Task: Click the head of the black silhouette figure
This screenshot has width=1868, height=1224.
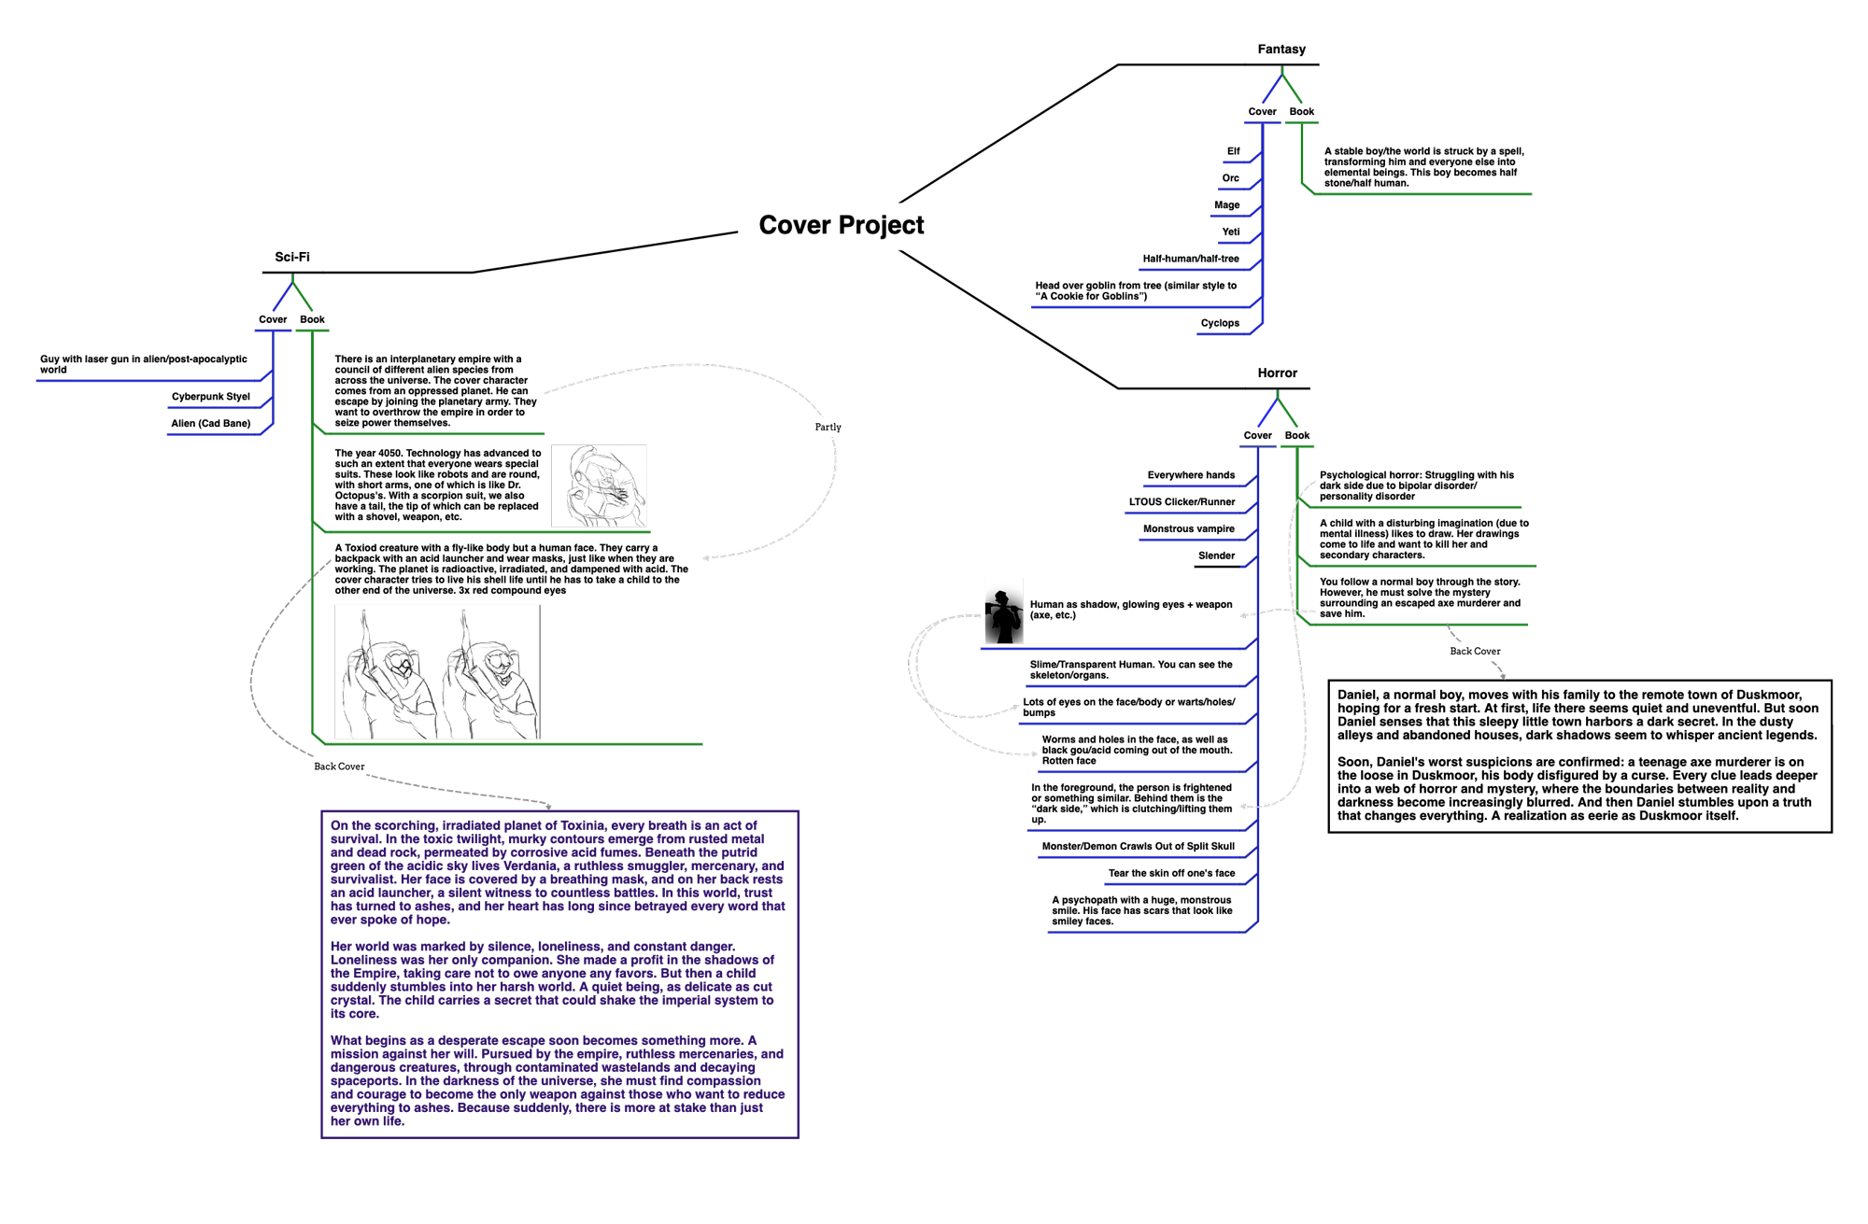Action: point(1001,597)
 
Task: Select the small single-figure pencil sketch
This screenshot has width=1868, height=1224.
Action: point(599,486)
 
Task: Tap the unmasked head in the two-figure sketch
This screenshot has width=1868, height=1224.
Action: point(499,663)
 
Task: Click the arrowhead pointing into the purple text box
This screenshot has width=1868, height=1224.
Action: point(549,807)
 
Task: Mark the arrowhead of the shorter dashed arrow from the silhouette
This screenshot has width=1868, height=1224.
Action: point(1016,708)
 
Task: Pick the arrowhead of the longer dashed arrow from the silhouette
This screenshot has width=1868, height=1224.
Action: point(1036,754)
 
